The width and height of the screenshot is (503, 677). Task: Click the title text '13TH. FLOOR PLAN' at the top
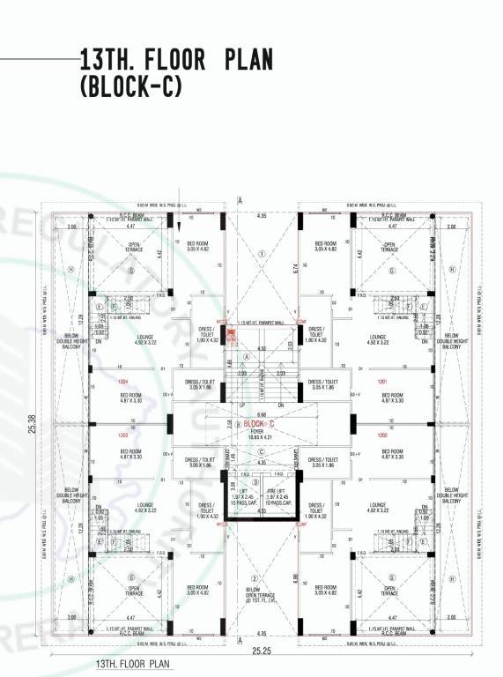coord(176,60)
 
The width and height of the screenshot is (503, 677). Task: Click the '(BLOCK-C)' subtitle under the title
coord(129,86)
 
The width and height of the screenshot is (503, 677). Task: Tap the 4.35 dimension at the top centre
coord(262,215)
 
